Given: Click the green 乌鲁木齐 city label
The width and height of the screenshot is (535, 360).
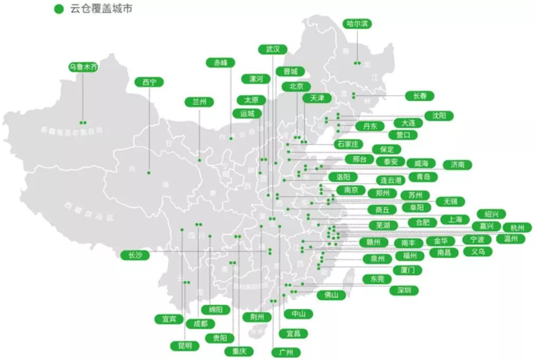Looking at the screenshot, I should tap(83, 68).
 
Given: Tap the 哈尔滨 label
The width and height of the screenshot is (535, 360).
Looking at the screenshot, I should tap(357, 24).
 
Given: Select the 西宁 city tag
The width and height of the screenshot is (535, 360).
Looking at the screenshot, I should tap(149, 82).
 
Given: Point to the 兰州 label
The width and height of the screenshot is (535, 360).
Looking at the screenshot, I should tap(199, 102).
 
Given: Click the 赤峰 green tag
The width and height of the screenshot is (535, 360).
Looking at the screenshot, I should tap(221, 62).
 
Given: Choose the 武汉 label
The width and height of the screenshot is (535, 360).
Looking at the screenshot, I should tap(273, 49).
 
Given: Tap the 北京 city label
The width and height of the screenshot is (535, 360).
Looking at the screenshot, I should tap(292, 87).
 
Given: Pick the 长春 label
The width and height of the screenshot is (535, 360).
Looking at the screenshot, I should tap(419, 96).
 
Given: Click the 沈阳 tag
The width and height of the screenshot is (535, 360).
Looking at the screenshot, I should tap(438, 116).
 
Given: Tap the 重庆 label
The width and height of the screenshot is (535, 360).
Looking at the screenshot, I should tap(232, 351).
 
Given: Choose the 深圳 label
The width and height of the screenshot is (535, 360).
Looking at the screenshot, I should tap(404, 290).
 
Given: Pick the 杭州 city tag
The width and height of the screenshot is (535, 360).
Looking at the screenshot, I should tap(514, 228).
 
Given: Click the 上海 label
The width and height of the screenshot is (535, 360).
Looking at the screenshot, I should tap(451, 219).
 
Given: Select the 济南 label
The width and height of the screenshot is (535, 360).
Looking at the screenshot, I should tap(457, 165).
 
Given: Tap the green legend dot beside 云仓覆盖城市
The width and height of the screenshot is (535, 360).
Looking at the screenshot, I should tap(59, 8).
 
